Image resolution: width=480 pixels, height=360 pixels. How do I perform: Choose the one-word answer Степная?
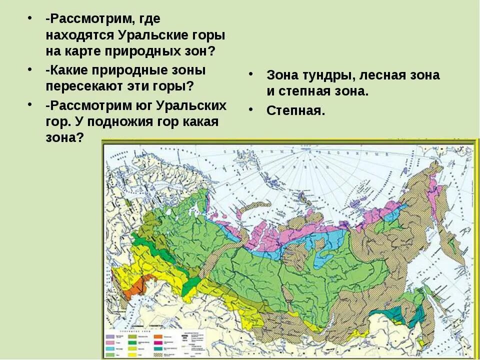click(295, 110)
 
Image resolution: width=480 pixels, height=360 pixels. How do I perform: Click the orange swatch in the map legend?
click(158, 337)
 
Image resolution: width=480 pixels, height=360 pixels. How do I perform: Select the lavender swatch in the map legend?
click(110, 337)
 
